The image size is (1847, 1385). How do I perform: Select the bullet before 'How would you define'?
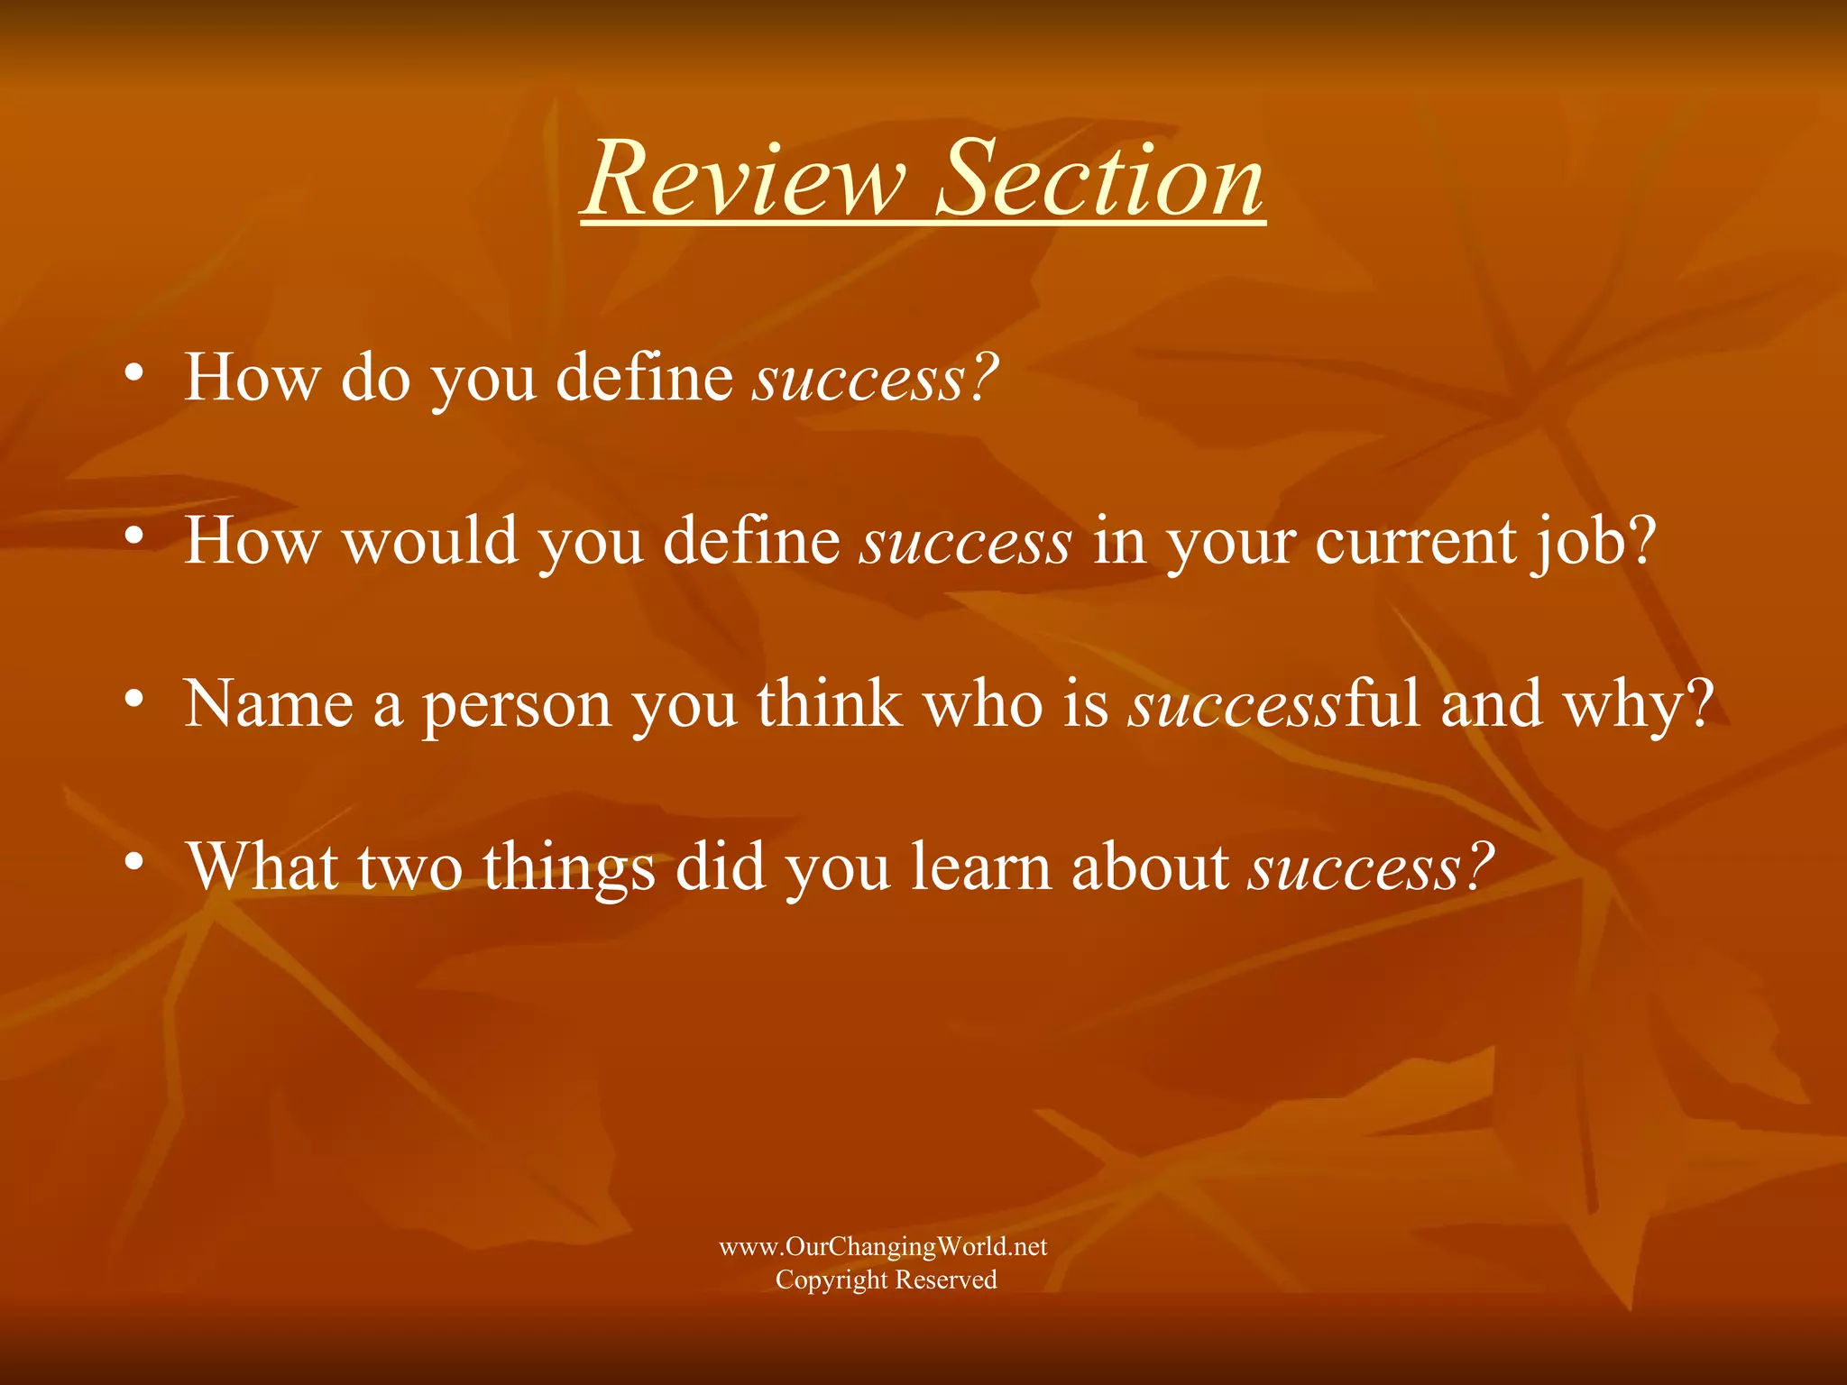coord(134,536)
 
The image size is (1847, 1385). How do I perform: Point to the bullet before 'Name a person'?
coord(134,698)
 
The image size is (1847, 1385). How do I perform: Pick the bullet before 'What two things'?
coord(134,861)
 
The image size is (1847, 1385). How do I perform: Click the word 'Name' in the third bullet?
coord(269,703)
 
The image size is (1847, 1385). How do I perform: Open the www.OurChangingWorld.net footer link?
coord(883,1246)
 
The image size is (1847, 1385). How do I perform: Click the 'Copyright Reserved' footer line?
coord(886,1280)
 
